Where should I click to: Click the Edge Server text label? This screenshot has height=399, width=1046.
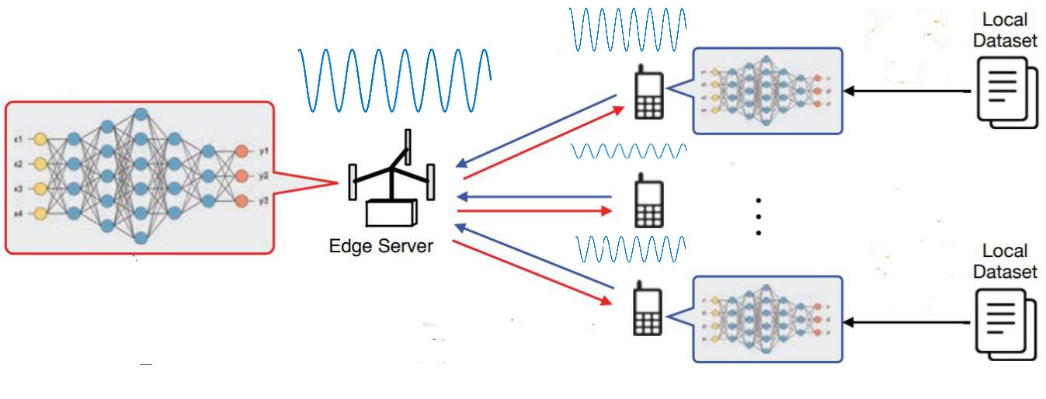tap(381, 246)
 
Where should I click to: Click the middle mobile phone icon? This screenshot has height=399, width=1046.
tap(648, 200)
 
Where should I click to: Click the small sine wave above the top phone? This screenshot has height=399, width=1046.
tap(627, 29)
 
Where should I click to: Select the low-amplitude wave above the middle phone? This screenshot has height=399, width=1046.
tap(628, 151)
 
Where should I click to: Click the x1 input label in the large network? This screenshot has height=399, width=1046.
tap(19, 139)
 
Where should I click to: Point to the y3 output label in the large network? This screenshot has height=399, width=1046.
tap(264, 201)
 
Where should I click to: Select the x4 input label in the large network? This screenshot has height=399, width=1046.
tap(19, 212)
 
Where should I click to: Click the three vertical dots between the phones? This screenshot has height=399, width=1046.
tap(759, 217)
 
